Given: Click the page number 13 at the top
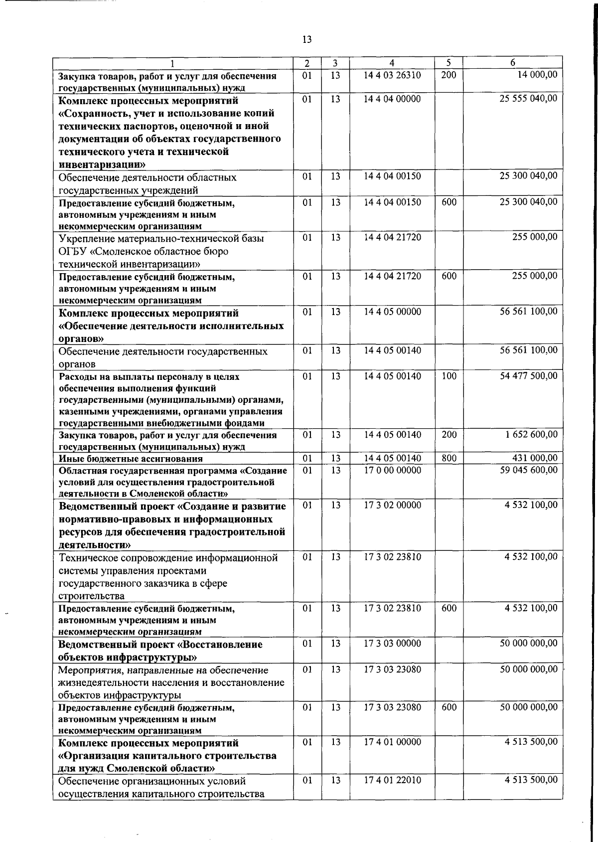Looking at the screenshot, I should (x=307, y=40).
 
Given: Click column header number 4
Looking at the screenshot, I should (x=392, y=63).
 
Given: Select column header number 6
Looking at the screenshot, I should (x=512, y=63).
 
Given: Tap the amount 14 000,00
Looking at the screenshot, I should (x=537, y=75).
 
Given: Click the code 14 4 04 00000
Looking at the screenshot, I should (x=392, y=99).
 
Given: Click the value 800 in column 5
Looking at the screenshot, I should (x=449, y=458).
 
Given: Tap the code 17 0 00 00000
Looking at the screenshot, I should (x=392, y=470).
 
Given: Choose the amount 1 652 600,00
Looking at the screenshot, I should (x=531, y=435).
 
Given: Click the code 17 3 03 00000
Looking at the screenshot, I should (x=392, y=644).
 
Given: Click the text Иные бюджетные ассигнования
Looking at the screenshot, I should (x=131, y=459).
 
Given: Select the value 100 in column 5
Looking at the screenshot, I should (x=449, y=376).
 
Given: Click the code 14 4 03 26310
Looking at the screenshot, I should (x=392, y=75).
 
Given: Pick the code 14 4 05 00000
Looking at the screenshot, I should (x=392, y=312).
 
